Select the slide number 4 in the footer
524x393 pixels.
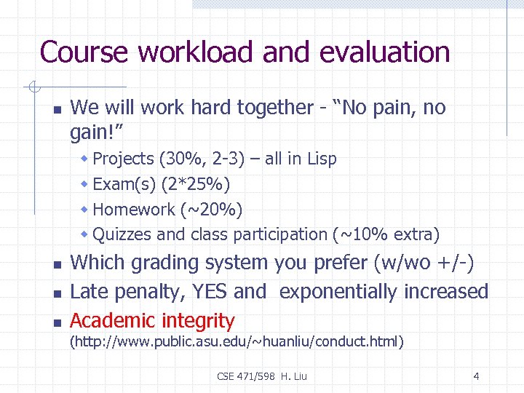[476, 376]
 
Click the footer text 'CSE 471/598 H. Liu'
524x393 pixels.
[262, 376]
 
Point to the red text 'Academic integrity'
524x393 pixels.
[152, 320]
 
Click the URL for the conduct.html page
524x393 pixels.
[237, 341]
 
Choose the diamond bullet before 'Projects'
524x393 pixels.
[84, 159]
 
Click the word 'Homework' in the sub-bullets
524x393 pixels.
[134, 210]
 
